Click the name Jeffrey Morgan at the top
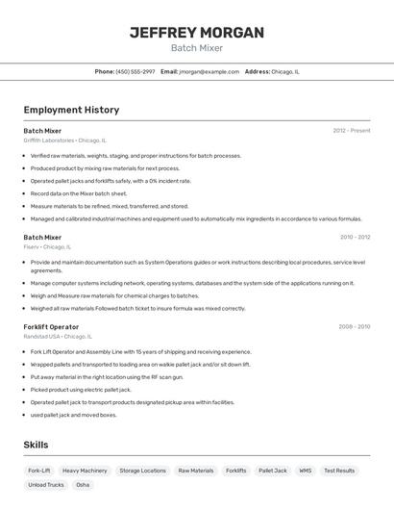point(196,33)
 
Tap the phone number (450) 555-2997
point(135,71)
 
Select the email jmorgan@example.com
point(209,71)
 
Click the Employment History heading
point(71,110)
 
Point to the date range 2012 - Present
point(351,131)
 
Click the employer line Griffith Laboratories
point(64,140)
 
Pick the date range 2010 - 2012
point(355,237)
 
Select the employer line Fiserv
point(45,246)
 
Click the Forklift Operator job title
point(51,327)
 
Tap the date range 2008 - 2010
point(355,327)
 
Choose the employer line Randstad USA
point(58,337)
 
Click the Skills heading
point(36,445)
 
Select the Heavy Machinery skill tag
point(85,471)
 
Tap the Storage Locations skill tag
point(142,471)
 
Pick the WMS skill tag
point(305,471)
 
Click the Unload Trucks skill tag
point(46,485)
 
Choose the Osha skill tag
point(83,485)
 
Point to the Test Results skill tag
point(339,471)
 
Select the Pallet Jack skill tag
point(273,471)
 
